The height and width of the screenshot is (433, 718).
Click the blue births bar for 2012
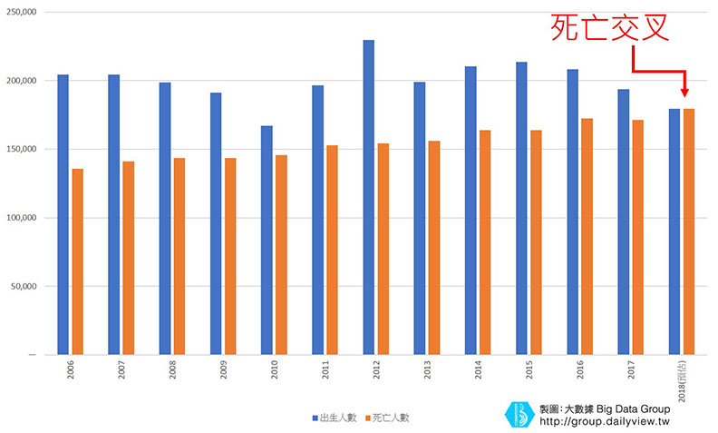point(369,197)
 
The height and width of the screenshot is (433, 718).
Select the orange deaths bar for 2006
point(78,261)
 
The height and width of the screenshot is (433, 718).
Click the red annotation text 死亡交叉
point(610,27)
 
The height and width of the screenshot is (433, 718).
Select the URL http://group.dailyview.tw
point(603,421)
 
